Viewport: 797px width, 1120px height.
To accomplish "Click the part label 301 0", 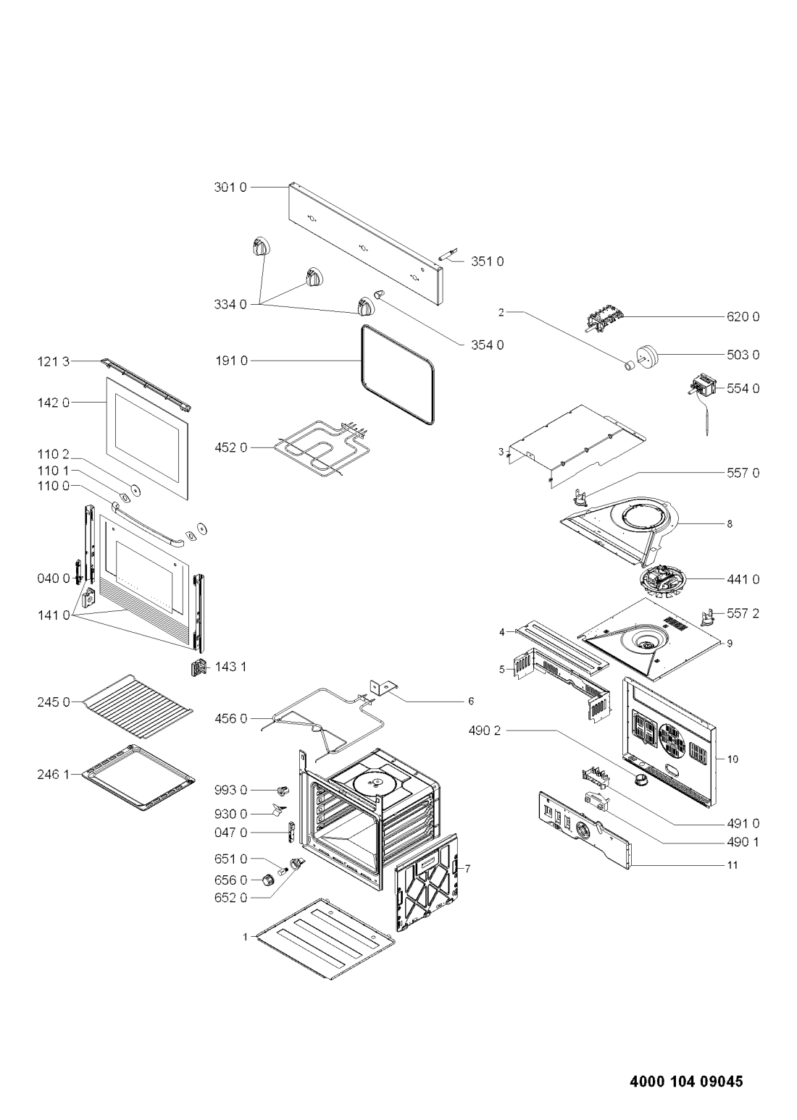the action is tap(230, 188).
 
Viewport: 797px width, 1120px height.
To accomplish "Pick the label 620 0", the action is tap(743, 316).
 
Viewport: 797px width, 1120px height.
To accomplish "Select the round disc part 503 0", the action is tap(646, 356).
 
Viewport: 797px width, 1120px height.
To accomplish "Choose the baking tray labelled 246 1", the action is tap(138, 777).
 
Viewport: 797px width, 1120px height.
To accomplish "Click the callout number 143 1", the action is tap(230, 667).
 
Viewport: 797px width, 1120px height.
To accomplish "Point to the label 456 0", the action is tap(230, 719).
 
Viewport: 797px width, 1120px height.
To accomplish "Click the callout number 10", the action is tap(733, 759).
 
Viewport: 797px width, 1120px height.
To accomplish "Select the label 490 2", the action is tap(484, 730).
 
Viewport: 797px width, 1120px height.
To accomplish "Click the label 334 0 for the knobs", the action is tap(230, 305).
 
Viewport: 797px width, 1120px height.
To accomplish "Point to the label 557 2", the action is tap(743, 613).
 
